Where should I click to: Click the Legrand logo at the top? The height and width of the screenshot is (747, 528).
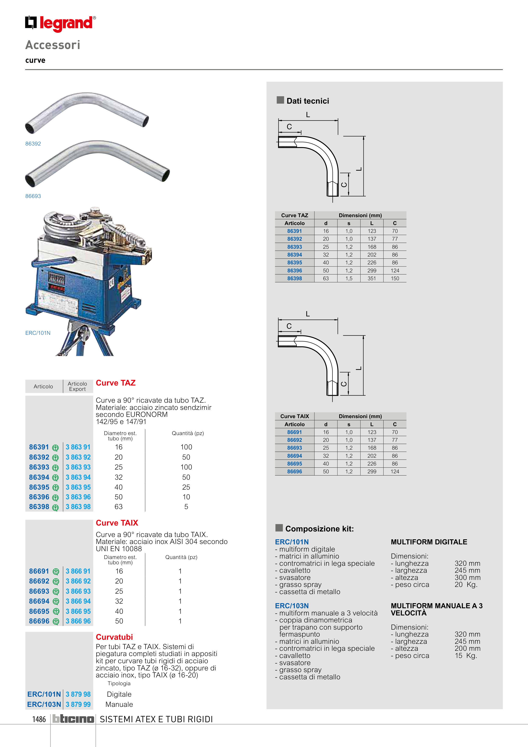[60, 23]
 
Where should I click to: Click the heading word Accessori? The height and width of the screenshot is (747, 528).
[53, 45]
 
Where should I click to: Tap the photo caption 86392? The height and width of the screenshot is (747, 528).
[33, 143]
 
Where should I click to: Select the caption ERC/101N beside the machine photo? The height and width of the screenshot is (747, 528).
[38, 333]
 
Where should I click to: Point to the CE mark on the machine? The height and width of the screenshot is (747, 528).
[111, 283]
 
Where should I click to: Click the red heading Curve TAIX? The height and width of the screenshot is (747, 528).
[117, 523]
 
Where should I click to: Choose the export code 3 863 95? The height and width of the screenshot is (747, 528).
[78, 487]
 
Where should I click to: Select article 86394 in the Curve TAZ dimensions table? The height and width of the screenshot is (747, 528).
[294, 255]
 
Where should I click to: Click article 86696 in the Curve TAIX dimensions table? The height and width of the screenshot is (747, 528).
[294, 471]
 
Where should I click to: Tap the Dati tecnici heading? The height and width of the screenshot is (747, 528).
[307, 101]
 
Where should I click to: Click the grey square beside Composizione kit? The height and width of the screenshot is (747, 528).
[279, 527]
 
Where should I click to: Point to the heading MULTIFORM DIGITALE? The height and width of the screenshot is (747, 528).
[429, 542]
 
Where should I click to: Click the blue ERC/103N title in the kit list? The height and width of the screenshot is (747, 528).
[292, 606]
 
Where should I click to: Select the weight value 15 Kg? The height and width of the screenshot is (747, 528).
[466, 656]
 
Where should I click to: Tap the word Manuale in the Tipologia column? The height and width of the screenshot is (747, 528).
[119, 704]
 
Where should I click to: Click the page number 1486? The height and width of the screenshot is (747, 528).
[39, 719]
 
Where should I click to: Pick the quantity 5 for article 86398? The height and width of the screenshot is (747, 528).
[186, 507]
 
